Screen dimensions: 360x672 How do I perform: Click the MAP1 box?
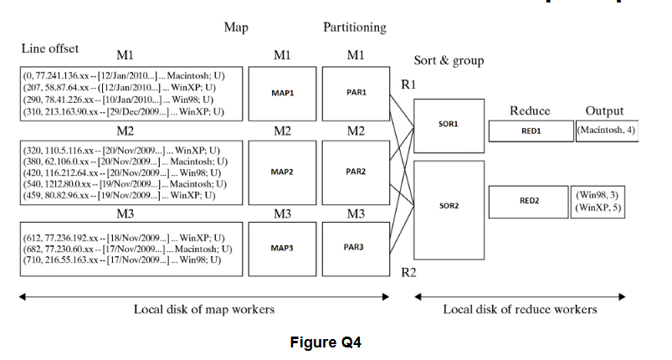(x=282, y=93)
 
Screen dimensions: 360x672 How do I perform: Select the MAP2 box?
(x=282, y=172)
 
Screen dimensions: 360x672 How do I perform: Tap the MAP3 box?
(x=282, y=248)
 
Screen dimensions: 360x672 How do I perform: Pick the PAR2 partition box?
(x=357, y=172)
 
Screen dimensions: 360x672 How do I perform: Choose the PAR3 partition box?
(x=357, y=248)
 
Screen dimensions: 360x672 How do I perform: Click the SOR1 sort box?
(x=448, y=124)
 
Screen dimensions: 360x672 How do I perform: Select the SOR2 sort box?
(x=448, y=204)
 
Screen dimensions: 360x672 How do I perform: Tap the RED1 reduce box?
(x=531, y=131)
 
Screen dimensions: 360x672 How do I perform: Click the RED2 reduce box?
(x=531, y=201)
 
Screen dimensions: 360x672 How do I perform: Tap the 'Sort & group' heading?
(x=449, y=60)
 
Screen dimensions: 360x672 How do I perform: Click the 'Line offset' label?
(x=50, y=48)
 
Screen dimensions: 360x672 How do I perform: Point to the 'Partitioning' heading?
(x=355, y=27)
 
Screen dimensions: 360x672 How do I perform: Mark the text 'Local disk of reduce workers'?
(x=520, y=310)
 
